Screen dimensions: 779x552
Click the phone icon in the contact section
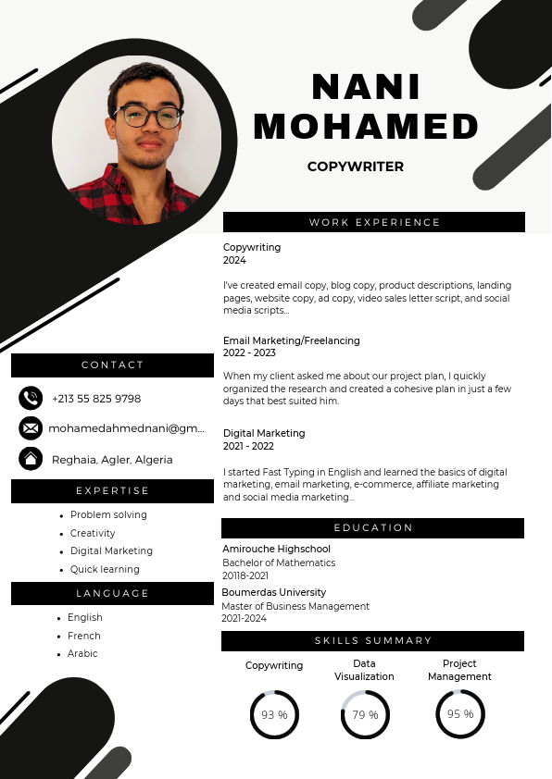point(31,398)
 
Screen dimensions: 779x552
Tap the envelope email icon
point(31,428)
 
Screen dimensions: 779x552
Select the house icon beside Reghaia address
point(31,458)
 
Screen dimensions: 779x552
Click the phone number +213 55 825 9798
point(96,399)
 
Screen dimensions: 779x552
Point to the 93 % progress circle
point(274,714)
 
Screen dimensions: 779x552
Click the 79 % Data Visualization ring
point(365,714)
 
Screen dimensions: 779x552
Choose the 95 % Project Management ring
point(460,714)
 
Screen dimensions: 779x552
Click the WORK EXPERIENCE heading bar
point(374,222)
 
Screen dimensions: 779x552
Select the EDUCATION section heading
point(373,527)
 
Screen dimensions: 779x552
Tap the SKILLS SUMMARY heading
point(373,640)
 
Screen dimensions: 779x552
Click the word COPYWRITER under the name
point(356,167)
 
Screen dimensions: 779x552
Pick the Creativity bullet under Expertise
point(93,533)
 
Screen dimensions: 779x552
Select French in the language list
point(83,636)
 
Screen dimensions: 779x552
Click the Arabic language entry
point(82,653)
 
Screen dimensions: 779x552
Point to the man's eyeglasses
point(148,117)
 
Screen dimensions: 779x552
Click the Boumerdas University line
point(274,592)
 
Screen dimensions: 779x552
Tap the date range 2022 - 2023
point(249,352)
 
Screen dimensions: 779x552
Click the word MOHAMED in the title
point(366,126)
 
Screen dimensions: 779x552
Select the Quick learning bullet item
point(105,569)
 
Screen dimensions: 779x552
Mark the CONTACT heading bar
point(112,365)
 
